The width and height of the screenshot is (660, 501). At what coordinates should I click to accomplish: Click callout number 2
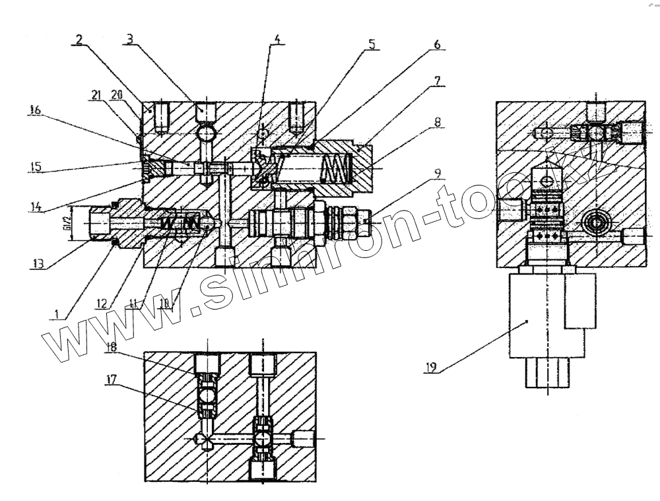tap(79, 39)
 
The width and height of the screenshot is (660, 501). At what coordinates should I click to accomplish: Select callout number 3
tap(130, 39)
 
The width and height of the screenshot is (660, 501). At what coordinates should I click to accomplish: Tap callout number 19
tap(432, 366)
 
